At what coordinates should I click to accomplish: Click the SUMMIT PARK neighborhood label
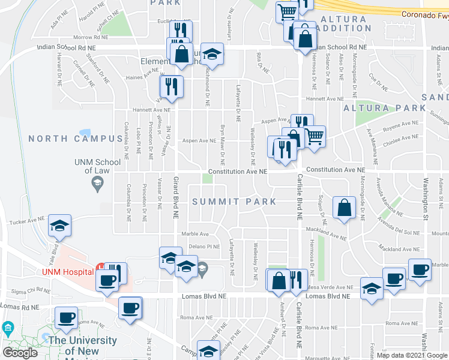[x=234, y=202]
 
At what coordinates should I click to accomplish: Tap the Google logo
[x=20, y=353]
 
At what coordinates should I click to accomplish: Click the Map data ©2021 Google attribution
[x=411, y=355]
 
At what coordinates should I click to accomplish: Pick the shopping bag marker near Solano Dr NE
[x=344, y=208]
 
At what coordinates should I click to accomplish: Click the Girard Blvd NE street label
[x=176, y=197]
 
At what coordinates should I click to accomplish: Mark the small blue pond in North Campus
[x=85, y=132]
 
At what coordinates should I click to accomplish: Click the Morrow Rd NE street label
[x=90, y=37]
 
